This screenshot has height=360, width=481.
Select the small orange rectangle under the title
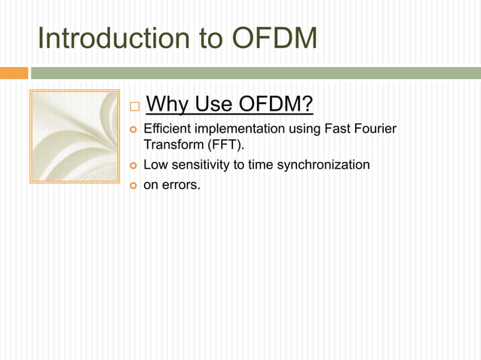(14, 73)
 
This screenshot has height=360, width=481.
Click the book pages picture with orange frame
(74, 136)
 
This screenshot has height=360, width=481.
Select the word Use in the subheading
(212, 102)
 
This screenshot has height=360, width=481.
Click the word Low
(155, 164)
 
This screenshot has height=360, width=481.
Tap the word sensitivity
(199, 164)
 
